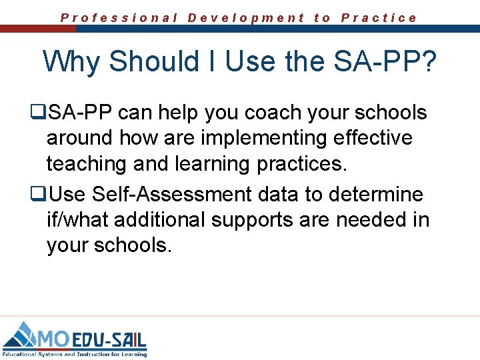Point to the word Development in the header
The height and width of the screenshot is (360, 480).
point(246,18)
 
